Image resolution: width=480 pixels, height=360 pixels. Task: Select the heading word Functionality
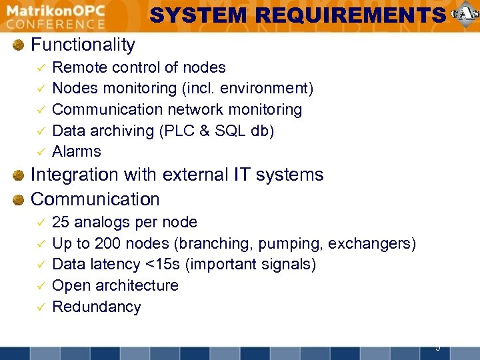(83, 45)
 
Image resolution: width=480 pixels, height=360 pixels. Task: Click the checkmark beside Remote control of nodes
(40, 68)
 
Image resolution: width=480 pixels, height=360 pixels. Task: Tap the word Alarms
(77, 151)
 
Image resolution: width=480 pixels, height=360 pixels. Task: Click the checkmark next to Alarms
(40, 152)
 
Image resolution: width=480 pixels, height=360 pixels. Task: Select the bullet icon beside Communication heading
(20, 199)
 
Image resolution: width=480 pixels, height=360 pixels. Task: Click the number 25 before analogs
(61, 222)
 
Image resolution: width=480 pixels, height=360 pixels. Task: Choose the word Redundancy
(96, 307)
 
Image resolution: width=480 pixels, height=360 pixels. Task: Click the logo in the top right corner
(465, 15)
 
